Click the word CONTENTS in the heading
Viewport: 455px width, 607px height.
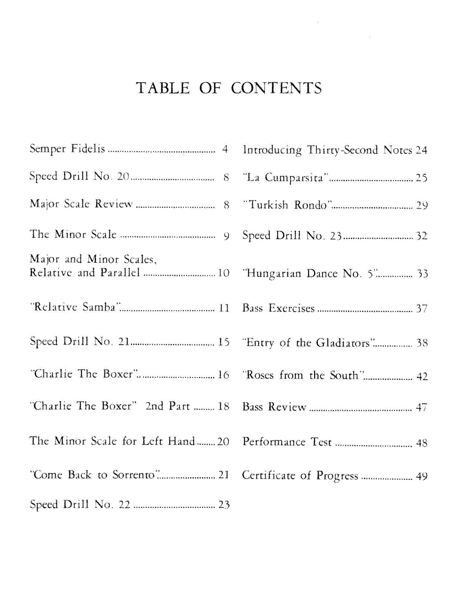pyautogui.click(x=276, y=88)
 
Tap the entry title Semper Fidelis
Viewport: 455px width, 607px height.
pyautogui.click(x=67, y=149)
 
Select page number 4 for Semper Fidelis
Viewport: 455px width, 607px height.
pyautogui.click(x=225, y=149)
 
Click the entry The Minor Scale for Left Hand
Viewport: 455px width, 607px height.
pyautogui.click(x=112, y=441)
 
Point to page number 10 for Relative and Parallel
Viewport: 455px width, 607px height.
pyautogui.click(x=224, y=273)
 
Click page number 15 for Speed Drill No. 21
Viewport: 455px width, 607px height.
pyautogui.click(x=224, y=342)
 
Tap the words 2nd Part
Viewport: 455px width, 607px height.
pyautogui.click(x=168, y=406)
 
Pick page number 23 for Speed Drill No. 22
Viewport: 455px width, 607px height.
pyautogui.click(x=224, y=505)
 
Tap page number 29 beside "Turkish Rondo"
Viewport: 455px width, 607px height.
pyautogui.click(x=422, y=205)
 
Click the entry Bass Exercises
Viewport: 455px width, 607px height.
pyautogui.click(x=278, y=308)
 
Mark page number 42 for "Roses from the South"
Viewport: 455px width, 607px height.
pyautogui.click(x=422, y=376)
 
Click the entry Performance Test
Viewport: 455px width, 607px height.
pyautogui.click(x=287, y=442)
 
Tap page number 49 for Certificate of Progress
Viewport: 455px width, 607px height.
pyautogui.click(x=422, y=476)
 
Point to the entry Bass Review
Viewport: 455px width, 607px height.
pyautogui.click(x=274, y=407)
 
